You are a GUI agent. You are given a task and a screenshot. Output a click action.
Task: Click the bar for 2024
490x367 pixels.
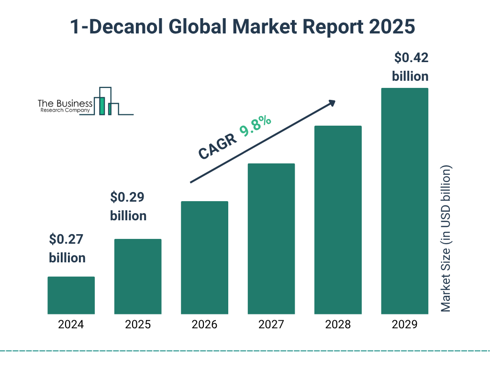click(x=71, y=295)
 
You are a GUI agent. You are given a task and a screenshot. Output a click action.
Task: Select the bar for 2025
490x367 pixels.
click(x=138, y=276)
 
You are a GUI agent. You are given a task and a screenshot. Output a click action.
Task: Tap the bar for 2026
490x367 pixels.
click(x=204, y=258)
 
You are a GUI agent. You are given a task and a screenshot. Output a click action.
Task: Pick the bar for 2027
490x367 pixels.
click(x=271, y=238)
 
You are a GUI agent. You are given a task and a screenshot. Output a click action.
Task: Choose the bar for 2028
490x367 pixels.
click(x=338, y=220)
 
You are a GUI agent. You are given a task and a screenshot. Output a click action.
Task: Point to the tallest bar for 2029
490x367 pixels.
click(x=404, y=201)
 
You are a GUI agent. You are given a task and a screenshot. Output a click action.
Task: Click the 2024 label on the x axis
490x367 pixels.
click(x=71, y=325)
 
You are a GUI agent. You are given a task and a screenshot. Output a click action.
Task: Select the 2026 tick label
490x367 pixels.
click(x=204, y=325)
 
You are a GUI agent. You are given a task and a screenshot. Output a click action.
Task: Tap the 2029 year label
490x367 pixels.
click(x=404, y=325)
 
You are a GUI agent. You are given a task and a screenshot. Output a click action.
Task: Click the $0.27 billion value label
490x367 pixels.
click(x=67, y=248)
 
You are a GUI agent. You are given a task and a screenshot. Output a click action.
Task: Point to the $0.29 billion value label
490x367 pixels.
click(x=128, y=206)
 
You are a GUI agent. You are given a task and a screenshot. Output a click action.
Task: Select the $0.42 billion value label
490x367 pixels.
click(x=410, y=67)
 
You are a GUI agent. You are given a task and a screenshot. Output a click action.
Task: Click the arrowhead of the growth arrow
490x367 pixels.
click(x=332, y=103)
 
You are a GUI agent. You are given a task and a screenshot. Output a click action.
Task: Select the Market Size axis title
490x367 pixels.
click(x=446, y=239)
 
